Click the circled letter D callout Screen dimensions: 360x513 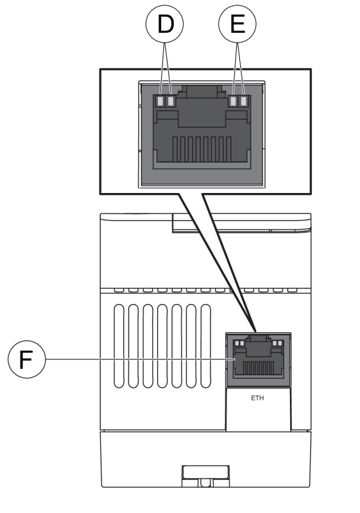tap(165, 24)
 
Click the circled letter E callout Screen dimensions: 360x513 tap(237, 24)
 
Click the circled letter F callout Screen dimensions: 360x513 tap(26, 359)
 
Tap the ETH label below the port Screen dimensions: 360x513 tap(257, 398)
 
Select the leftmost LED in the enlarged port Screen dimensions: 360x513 tap(160, 101)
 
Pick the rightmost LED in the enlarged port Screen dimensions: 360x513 tap(243, 101)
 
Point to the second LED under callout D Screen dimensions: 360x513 tap(170, 101)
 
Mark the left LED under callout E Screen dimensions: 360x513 tap(233, 101)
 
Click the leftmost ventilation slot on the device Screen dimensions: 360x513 tap(119, 346)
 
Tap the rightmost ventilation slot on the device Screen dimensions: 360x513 tap(205, 346)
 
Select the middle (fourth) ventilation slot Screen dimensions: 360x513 tap(162, 346)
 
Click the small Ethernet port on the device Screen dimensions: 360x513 tap(258, 359)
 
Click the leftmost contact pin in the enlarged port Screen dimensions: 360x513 tap(175, 149)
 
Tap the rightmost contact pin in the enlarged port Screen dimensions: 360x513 tap(228, 149)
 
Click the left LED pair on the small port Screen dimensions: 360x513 tap(240, 343)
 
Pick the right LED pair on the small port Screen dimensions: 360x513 tap(277, 343)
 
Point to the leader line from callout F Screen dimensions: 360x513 tap(141, 359)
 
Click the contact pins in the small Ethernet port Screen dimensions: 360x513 tap(259, 367)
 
